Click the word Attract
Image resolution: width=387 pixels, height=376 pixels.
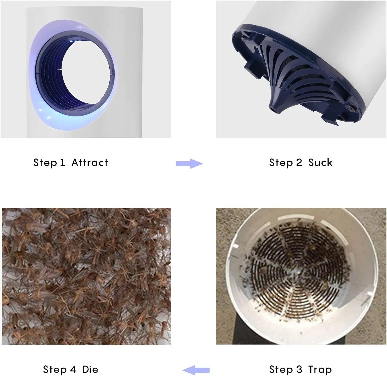(x=90, y=163)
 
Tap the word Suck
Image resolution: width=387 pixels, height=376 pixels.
(x=320, y=163)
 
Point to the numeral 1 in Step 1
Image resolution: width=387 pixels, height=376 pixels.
(x=62, y=163)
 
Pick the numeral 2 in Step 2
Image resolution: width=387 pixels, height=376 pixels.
(x=299, y=163)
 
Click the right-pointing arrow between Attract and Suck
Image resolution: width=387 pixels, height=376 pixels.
(x=189, y=164)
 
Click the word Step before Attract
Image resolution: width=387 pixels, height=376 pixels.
(x=45, y=163)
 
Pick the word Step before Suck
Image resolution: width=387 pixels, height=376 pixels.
(x=281, y=163)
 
